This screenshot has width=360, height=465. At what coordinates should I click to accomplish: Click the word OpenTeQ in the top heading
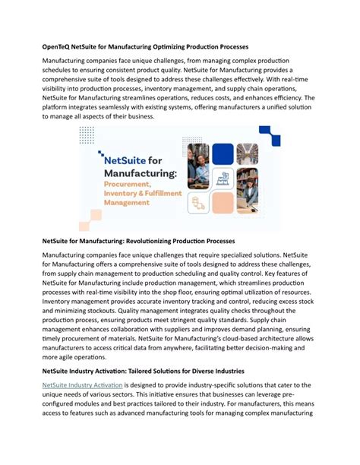click(61, 47)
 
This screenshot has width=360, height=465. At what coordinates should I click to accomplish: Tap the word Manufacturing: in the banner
click(137, 176)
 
